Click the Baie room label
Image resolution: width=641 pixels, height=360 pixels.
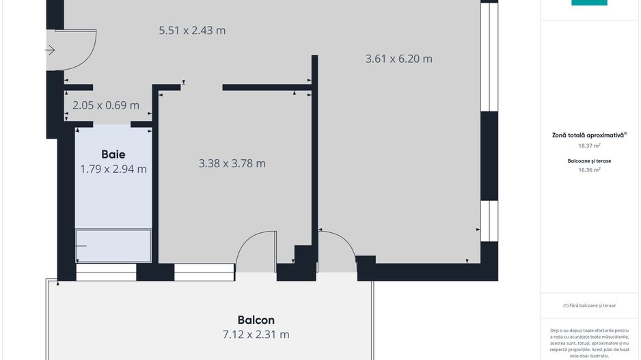tap(113, 154)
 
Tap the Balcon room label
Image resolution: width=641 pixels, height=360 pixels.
tap(256, 320)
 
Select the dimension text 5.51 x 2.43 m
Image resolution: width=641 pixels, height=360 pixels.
tap(192, 31)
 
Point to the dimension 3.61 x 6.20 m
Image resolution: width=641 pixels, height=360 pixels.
tap(399, 59)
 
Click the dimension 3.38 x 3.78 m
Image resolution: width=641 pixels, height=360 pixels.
tap(232, 163)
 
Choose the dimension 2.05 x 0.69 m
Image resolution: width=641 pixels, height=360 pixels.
tap(106, 105)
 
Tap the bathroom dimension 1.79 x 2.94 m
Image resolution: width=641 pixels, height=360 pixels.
tap(113, 169)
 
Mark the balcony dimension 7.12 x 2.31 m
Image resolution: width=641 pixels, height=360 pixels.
tap(256, 335)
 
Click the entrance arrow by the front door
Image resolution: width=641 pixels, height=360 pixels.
tap(50, 50)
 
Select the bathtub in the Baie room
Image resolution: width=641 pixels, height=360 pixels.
tap(113, 246)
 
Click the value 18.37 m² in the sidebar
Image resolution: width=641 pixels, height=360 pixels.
tap(589, 146)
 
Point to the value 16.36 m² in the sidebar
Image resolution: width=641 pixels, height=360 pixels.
tap(589, 170)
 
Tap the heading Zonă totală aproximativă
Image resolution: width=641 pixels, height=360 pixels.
tap(589, 135)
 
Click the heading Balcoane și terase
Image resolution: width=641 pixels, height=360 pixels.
tap(589, 161)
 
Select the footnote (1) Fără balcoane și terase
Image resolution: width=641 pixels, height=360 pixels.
tap(589, 305)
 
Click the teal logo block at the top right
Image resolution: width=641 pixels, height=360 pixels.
tap(589, 3)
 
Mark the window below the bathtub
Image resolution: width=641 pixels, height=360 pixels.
tap(106, 273)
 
